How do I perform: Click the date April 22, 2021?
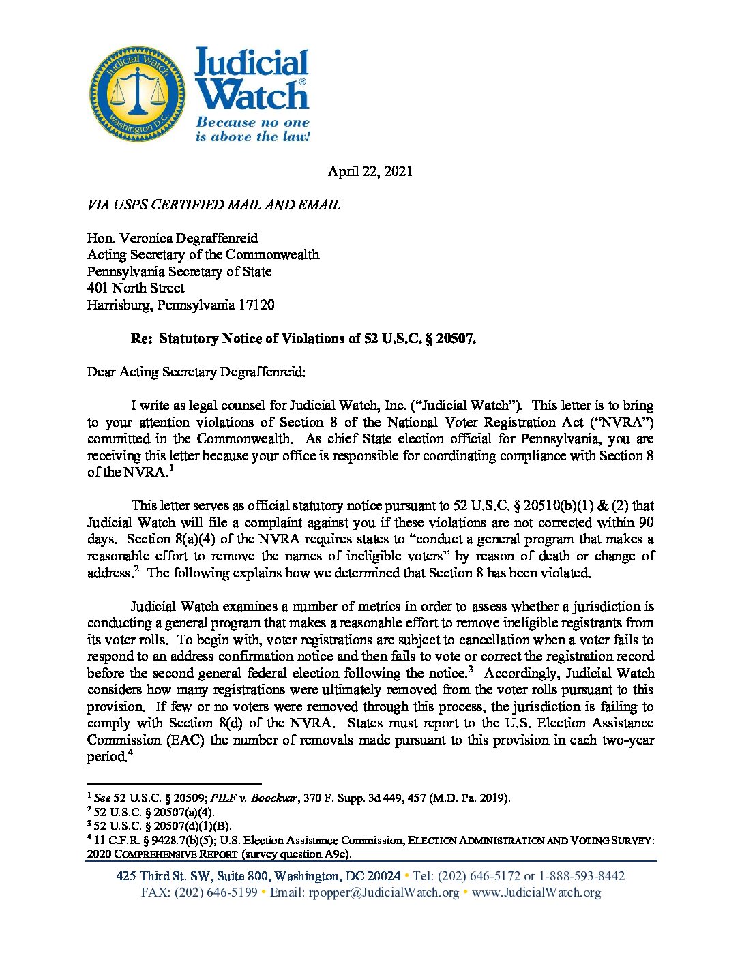click(x=370, y=171)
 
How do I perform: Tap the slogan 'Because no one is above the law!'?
click(x=252, y=130)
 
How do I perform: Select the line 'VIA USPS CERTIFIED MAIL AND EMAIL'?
click(x=213, y=205)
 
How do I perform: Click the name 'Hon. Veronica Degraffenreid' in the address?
click(x=173, y=238)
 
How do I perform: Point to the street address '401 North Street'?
click(x=136, y=288)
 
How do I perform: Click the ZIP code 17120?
click(x=256, y=305)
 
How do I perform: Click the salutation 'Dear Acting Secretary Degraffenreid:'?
click(x=196, y=372)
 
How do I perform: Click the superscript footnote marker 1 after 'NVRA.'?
click(x=171, y=468)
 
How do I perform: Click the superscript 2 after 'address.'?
click(x=136, y=569)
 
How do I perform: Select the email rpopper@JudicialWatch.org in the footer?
click(x=384, y=892)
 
